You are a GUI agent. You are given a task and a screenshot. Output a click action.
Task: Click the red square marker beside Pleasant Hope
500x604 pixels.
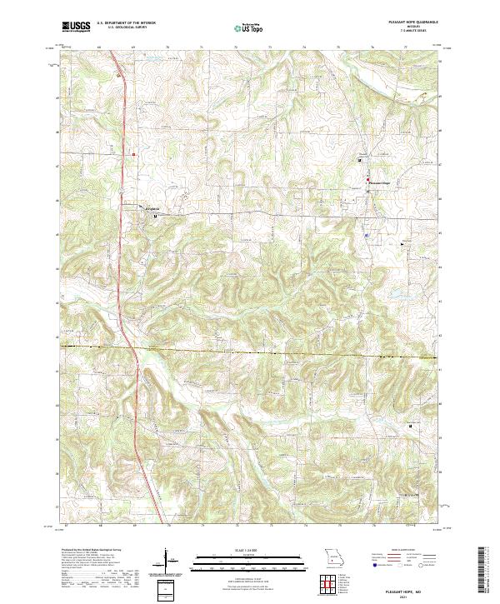[367, 181]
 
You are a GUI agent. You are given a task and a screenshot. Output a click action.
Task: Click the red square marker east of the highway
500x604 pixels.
[132, 152]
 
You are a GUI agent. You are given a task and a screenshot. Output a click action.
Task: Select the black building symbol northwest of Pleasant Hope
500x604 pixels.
[360, 160]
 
